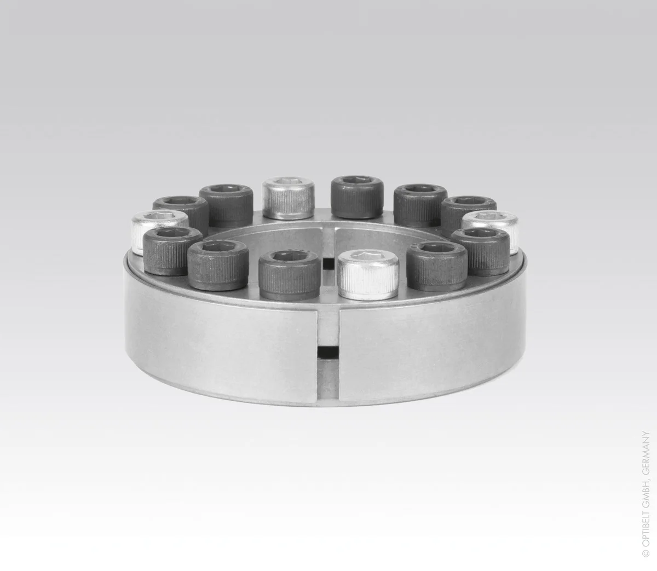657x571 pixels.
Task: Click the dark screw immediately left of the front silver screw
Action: point(289,275)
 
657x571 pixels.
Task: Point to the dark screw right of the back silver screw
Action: point(357,197)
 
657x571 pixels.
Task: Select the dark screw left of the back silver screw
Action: point(226,205)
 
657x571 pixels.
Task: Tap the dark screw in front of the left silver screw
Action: point(170,251)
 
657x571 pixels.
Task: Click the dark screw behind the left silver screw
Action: point(180,214)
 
